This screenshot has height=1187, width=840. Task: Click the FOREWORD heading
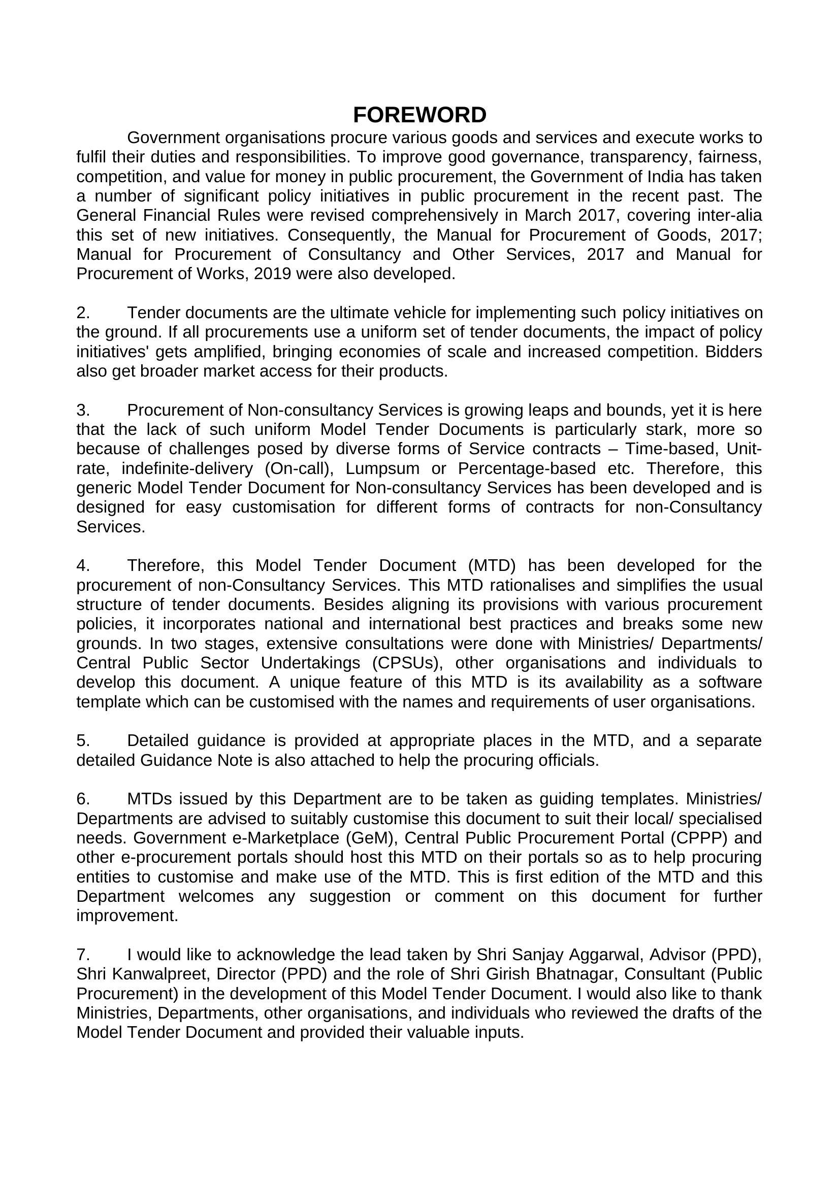[419, 115]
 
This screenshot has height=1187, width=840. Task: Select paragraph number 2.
[83, 313]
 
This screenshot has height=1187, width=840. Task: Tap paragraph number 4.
[83, 565]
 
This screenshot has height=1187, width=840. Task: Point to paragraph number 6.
[83, 799]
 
